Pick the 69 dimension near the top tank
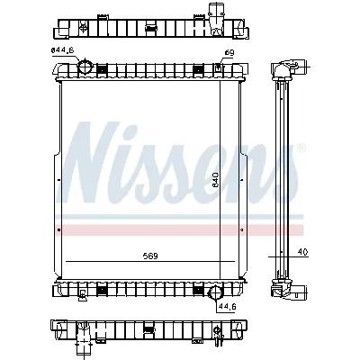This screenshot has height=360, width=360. (229, 55)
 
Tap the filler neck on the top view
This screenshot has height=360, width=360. (216, 13)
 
